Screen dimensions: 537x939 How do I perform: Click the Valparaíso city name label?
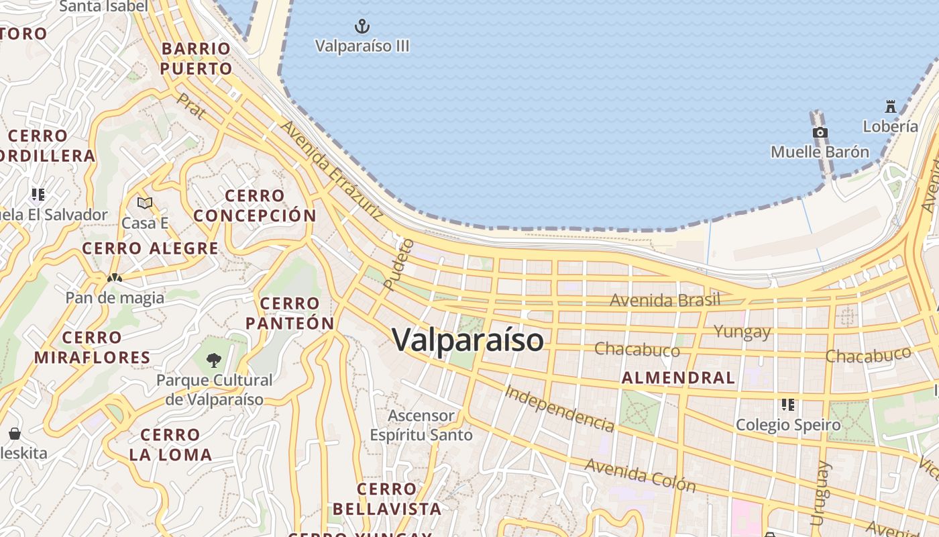pyautogui.click(x=467, y=340)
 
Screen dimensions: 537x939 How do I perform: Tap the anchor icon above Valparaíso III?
pyautogui.click(x=362, y=27)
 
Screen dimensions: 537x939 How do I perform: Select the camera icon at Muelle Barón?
pyautogui.click(x=820, y=133)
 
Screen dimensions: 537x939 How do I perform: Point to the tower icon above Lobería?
pyautogui.click(x=891, y=107)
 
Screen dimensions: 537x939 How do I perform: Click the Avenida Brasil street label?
pyautogui.click(x=665, y=300)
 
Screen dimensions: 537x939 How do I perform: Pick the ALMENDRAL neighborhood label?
pyautogui.click(x=678, y=378)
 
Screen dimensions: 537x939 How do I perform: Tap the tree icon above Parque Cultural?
pyautogui.click(x=214, y=360)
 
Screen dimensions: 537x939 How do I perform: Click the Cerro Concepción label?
pyautogui.click(x=255, y=206)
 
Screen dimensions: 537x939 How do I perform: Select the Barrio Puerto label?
pyautogui.click(x=196, y=59)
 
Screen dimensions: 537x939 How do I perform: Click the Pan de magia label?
pyautogui.click(x=115, y=297)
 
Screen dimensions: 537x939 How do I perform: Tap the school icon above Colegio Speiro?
pyautogui.click(x=788, y=405)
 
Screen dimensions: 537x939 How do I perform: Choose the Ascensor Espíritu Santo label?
pyautogui.click(x=421, y=425)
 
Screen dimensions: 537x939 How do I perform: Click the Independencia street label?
pyautogui.click(x=559, y=408)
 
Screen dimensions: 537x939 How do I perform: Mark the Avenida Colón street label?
pyautogui.click(x=640, y=475)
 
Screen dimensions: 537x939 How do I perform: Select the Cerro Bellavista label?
pyautogui.click(x=387, y=499)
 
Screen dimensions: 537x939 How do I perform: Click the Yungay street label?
pyautogui.click(x=742, y=331)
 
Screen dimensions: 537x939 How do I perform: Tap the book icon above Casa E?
pyautogui.click(x=145, y=203)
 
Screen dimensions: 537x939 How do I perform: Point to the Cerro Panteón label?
pyautogui.click(x=290, y=313)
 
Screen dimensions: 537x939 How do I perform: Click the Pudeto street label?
pyautogui.click(x=400, y=264)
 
